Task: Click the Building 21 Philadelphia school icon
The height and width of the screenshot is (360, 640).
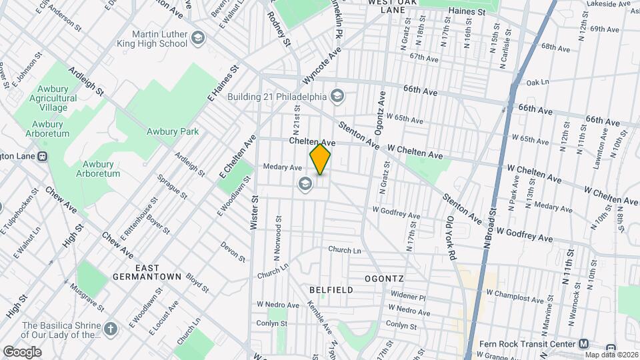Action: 337,96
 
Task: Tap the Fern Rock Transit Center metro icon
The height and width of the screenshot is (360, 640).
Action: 583,344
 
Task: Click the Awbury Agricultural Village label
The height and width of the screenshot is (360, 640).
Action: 53,98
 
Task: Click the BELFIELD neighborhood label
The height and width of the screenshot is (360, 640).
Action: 331,290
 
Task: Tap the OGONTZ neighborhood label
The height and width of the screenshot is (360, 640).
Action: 385,277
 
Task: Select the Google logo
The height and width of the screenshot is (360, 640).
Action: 22,351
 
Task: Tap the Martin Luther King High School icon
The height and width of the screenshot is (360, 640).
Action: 197,38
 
